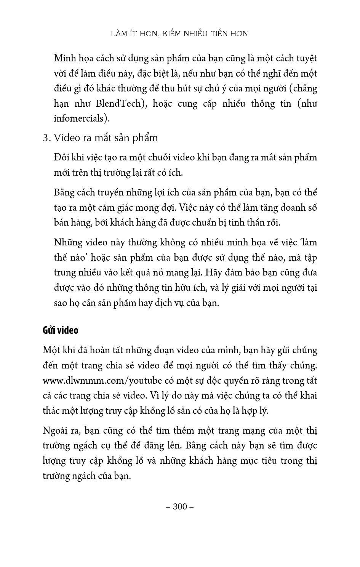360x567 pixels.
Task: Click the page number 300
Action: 180,506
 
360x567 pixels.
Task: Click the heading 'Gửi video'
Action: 60,330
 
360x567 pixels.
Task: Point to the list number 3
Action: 46,138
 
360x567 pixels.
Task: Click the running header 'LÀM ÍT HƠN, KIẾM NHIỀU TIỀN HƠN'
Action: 179,34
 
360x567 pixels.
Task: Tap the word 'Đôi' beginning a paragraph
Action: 61,158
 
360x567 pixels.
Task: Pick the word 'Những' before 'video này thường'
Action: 66,243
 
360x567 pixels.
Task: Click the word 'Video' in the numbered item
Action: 66,138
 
